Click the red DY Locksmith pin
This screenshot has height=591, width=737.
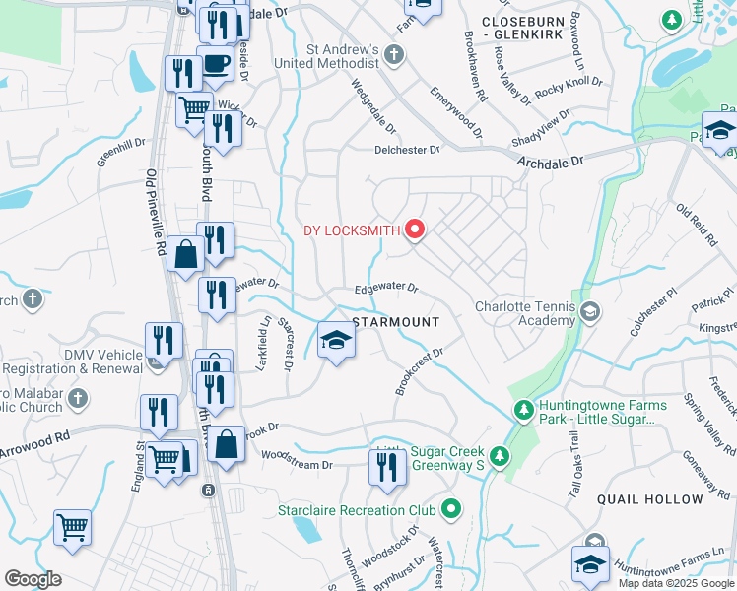point(415,230)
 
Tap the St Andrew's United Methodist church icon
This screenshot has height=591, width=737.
point(394,53)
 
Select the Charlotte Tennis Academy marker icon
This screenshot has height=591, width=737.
point(589,313)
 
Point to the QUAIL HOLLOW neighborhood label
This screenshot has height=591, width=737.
point(649,499)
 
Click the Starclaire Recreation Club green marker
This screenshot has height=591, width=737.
point(451,510)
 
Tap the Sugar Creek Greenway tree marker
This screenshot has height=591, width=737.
point(500,456)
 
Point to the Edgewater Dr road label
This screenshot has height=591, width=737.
point(387,290)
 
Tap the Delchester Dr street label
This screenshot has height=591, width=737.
point(407,150)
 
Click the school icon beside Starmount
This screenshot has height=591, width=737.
point(337,342)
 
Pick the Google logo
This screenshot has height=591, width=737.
point(33,579)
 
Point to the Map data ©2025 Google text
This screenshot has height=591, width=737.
point(676,583)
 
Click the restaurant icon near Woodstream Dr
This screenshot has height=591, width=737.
point(386,466)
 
